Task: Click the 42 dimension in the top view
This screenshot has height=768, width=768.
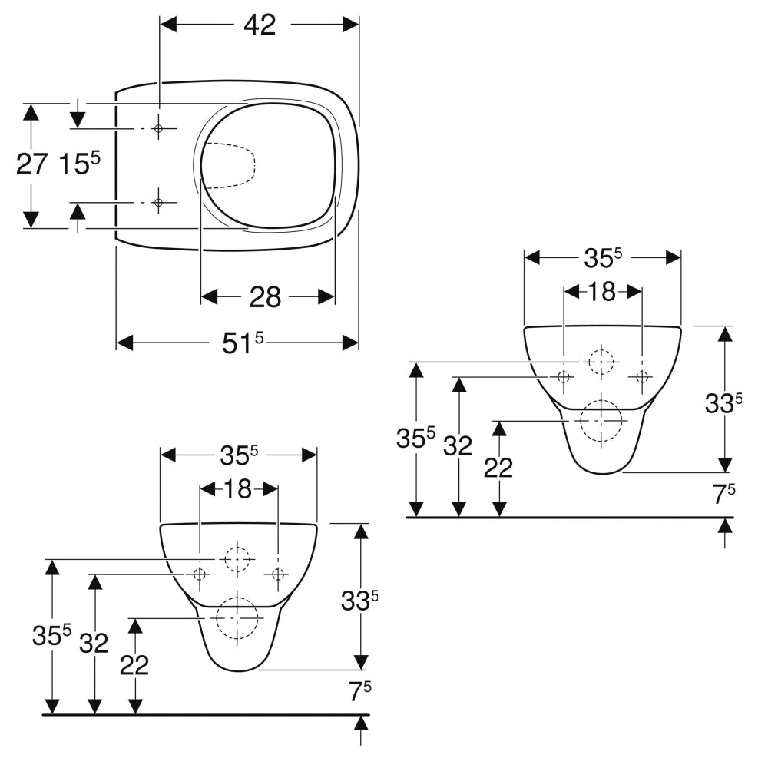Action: click(260, 25)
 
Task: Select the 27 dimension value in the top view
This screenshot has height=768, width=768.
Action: click(32, 164)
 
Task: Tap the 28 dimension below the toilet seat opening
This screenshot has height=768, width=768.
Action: click(266, 296)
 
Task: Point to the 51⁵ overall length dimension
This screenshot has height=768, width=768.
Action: click(243, 343)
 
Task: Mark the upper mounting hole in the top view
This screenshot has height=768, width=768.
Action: click(158, 128)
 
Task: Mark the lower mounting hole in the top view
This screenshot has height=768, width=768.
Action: click(158, 203)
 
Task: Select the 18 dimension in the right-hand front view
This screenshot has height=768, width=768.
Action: click(602, 292)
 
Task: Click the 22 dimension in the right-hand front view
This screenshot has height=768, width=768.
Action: click(498, 468)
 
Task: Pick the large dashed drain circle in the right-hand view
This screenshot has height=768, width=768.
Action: click(601, 422)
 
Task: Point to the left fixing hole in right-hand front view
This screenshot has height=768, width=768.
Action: click(564, 376)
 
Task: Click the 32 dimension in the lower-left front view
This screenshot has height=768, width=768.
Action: click(94, 644)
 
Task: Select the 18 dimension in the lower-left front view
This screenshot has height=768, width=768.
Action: click(238, 489)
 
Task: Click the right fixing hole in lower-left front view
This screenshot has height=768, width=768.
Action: click(278, 574)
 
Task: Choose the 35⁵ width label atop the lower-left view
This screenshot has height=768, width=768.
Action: click(238, 455)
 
